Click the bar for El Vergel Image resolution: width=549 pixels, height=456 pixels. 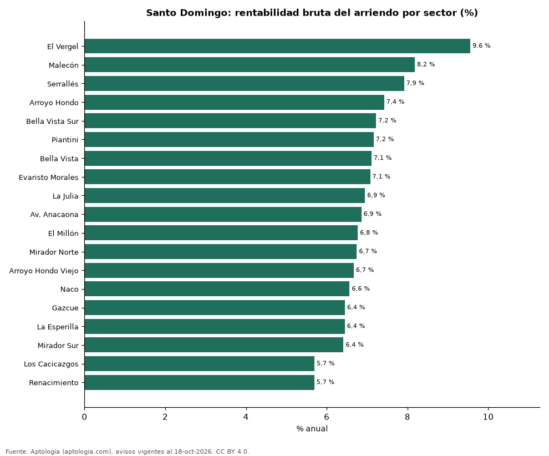[x=277, y=46]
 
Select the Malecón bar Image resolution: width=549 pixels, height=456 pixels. [x=250, y=65]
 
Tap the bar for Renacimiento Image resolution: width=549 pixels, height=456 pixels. [x=200, y=382]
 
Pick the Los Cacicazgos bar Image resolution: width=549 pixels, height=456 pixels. [x=200, y=363]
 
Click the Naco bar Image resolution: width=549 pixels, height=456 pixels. [x=217, y=289]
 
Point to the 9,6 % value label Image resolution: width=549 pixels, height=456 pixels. [x=481, y=46]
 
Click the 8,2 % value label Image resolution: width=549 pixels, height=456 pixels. [x=426, y=64]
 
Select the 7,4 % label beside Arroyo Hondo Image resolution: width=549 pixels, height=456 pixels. [x=395, y=102]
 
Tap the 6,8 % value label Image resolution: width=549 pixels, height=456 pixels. [x=369, y=232]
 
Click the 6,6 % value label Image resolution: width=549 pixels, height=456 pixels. [x=360, y=288]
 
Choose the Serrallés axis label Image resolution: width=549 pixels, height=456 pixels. [x=63, y=84]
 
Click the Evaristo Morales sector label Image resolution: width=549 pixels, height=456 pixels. [x=49, y=177]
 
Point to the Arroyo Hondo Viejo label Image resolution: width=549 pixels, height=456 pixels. [x=44, y=271]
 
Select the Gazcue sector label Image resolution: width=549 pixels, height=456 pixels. [x=65, y=308]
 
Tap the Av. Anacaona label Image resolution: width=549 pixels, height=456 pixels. [x=54, y=214]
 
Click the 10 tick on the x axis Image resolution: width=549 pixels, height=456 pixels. [x=488, y=417]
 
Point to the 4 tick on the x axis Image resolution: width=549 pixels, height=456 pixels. [x=246, y=417]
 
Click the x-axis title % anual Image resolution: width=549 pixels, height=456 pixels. [x=312, y=429]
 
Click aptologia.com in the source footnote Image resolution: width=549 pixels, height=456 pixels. [x=87, y=452]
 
